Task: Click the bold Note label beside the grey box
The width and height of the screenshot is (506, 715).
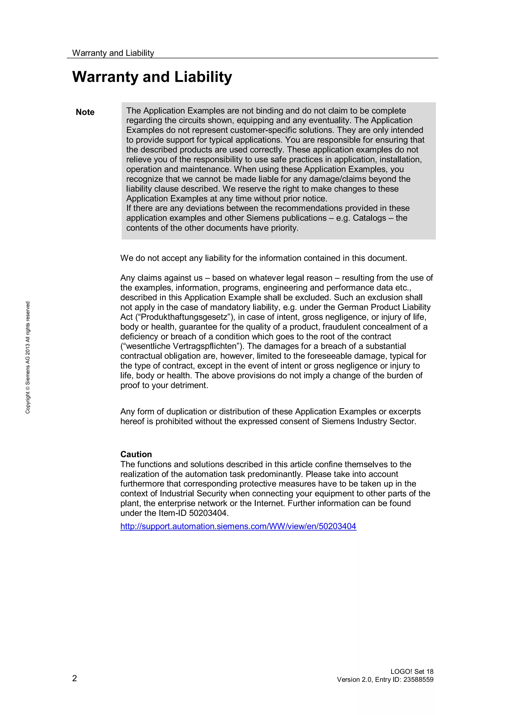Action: (x=85, y=112)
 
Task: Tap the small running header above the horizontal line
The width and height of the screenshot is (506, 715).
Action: (x=113, y=53)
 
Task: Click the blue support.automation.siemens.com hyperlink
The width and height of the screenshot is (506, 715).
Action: (x=238, y=526)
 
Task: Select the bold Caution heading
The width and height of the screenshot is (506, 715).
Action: (x=136, y=454)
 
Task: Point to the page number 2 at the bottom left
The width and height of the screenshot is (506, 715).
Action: (x=75, y=678)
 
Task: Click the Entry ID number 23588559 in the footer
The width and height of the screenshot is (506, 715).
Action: (x=418, y=679)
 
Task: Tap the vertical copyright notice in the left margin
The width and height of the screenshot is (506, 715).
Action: (x=28, y=357)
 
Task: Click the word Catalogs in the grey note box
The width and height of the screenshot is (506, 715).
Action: (x=369, y=218)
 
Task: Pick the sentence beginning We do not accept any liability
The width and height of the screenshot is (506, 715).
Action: (x=263, y=258)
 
